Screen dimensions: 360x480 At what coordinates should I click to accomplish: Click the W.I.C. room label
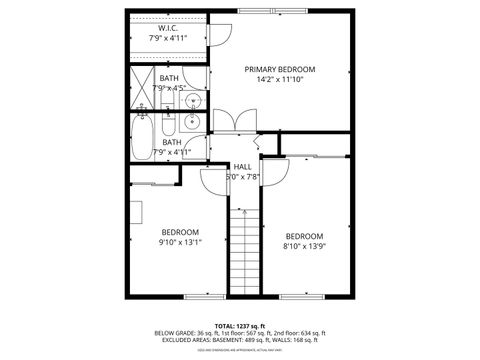[x=167, y=29]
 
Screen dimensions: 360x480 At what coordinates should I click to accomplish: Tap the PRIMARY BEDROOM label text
[x=280, y=69]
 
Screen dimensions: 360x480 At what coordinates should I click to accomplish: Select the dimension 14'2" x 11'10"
[x=280, y=80]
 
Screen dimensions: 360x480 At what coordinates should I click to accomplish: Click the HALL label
[x=242, y=166]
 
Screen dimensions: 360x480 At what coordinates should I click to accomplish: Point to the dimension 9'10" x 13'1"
[x=180, y=242]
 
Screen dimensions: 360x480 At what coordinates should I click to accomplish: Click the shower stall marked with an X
[x=141, y=88]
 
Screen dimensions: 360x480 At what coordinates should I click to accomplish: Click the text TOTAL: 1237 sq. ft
[x=240, y=326]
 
